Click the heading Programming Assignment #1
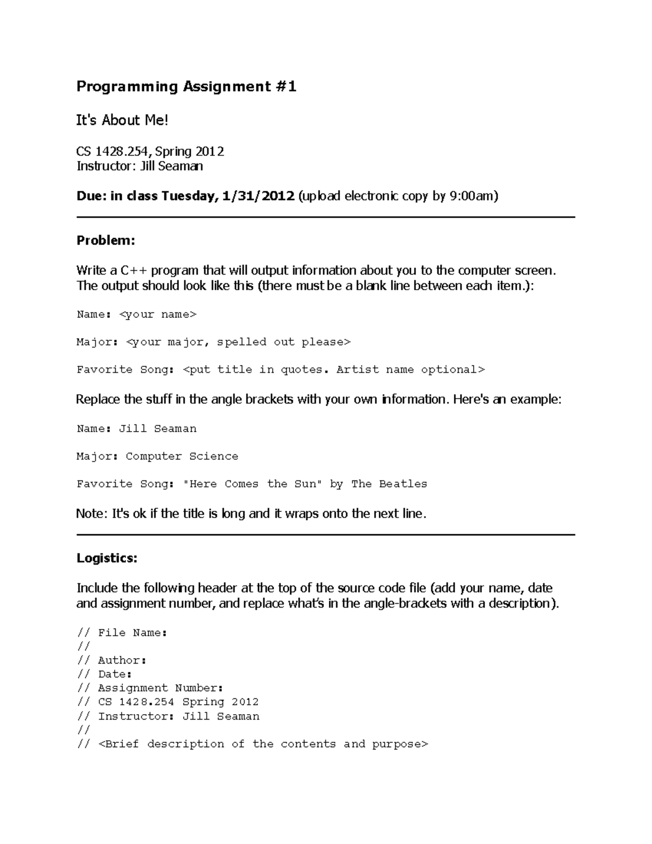click(x=186, y=86)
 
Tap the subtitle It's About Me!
click(x=122, y=120)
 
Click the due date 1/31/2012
click(x=258, y=196)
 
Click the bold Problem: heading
click(x=105, y=240)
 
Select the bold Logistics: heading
click(x=107, y=558)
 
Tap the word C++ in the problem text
click(x=134, y=271)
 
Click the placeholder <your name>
click(x=158, y=315)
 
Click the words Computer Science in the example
click(x=182, y=457)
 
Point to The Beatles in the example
click(x=389, y=484)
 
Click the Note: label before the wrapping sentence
click(x=92, y=514)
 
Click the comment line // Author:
click(x=112, y=660)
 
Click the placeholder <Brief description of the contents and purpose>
click(x=264, y=744)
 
